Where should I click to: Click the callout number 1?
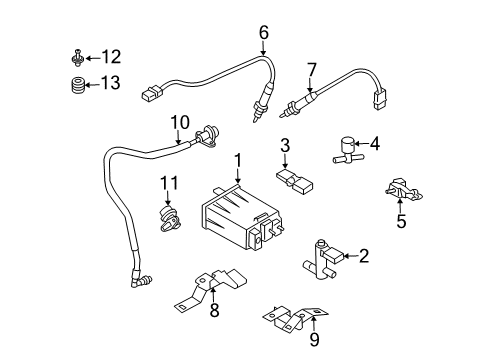[238, 159]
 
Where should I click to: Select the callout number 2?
[364, 257]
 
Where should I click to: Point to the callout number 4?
[374, 144]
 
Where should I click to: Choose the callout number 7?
[311, 68]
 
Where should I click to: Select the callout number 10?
[179, 122]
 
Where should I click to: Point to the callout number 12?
[110, 56]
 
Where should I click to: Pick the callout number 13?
[110, 83]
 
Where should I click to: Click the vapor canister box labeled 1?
[236, 216]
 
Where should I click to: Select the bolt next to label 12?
[77, 56]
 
